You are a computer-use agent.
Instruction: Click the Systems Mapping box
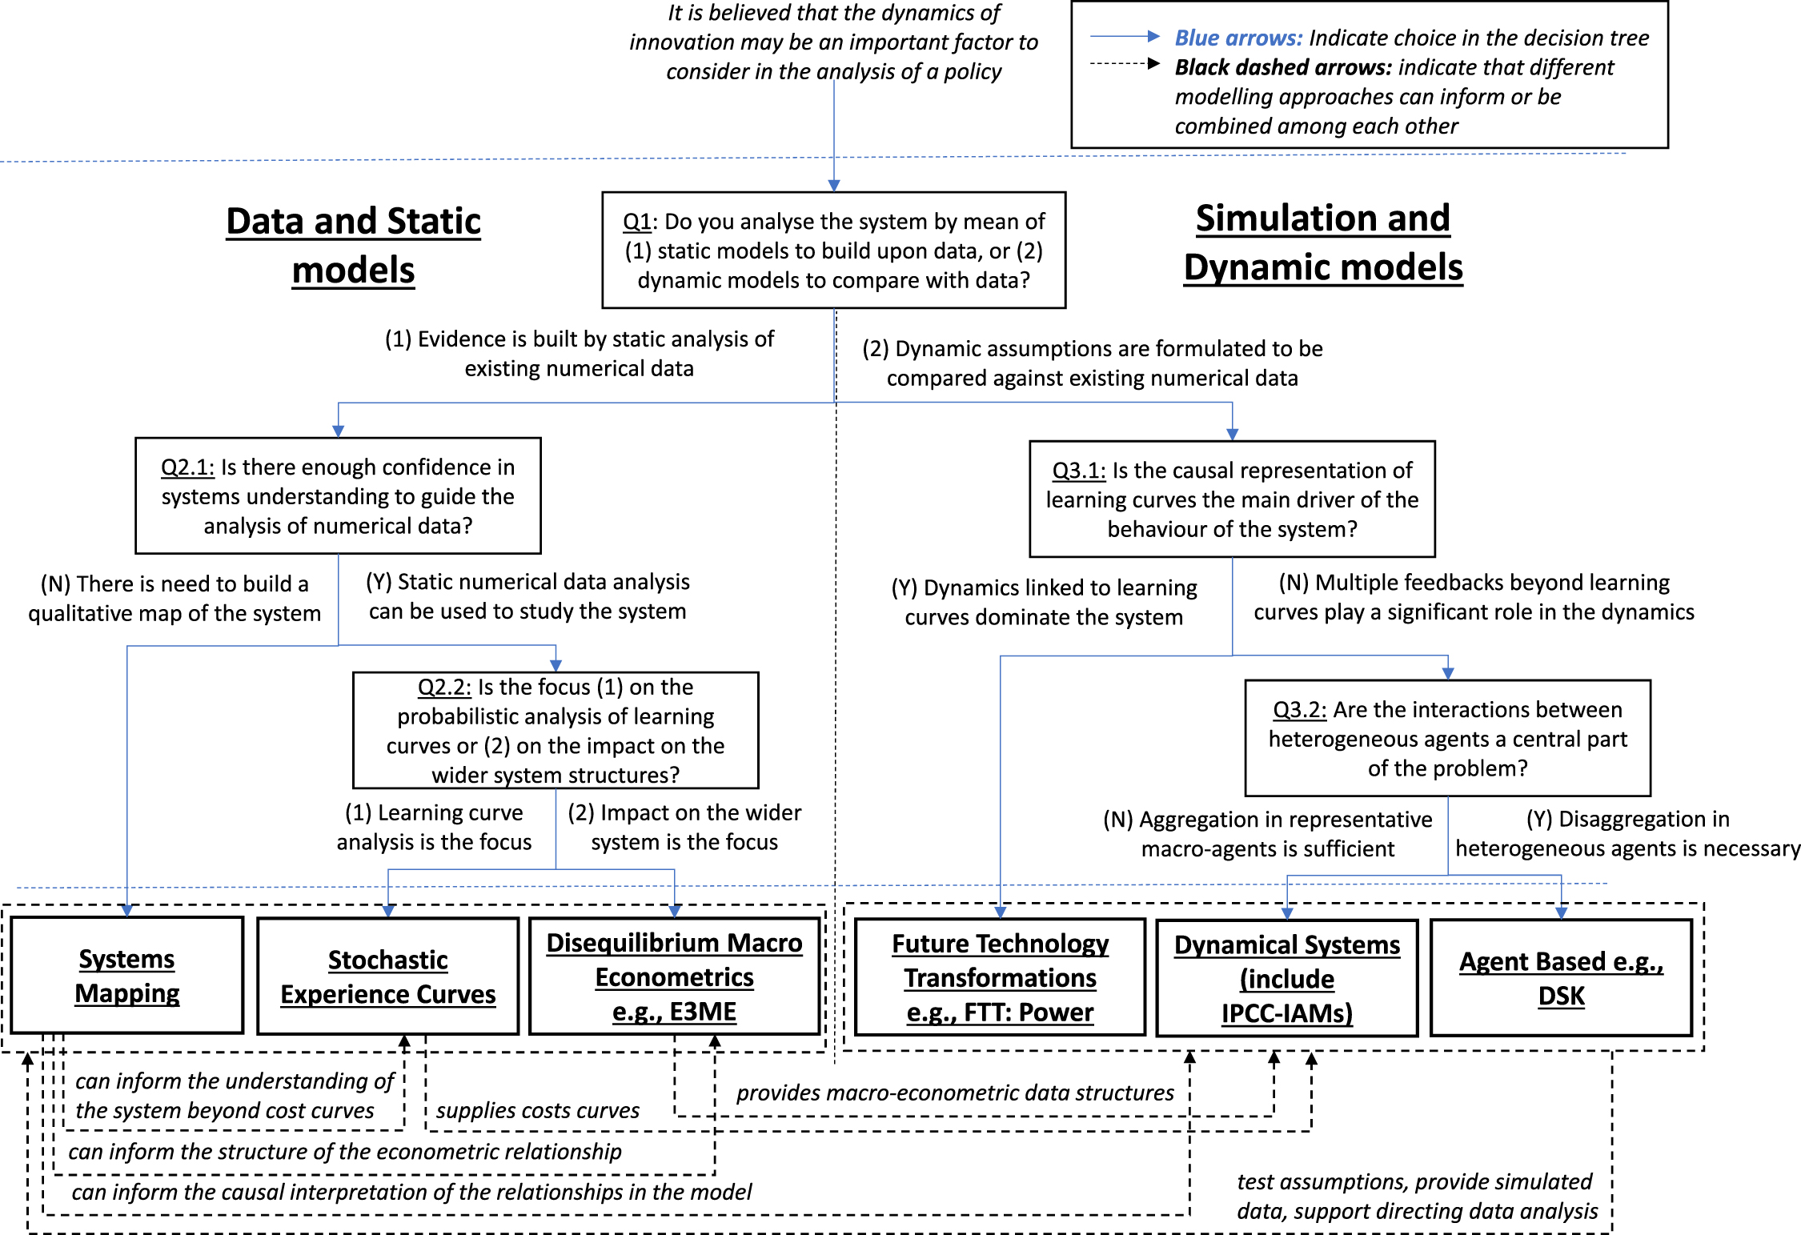tap(126, 976)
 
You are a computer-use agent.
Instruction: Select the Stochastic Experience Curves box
tap(387, 976)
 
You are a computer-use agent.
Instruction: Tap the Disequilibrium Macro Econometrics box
tap(674, 976)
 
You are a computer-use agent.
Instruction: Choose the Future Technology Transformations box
tap(1000, 977)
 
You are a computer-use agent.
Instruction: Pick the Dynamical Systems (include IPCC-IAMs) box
tap(1286, 978)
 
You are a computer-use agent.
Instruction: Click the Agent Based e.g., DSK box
tap(1561, 977)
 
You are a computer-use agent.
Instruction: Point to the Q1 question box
tap(833, 250)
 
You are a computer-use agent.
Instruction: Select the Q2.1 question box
tap(338, 495)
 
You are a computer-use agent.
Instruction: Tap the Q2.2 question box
tap(556, 730)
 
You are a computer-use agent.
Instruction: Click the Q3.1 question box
tap(1232, 499)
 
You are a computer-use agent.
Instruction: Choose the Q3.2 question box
tap(1447, 738)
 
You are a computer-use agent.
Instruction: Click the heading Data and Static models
tap(353, 245)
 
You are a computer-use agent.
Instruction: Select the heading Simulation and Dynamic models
tap(1322, 242)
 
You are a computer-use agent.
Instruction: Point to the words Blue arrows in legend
tap(1237, 38)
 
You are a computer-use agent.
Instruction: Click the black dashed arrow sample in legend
tap(1125, 64)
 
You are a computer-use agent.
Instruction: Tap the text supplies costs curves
tap(537, 1110)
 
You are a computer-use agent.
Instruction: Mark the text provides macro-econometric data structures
tap(954, 1093)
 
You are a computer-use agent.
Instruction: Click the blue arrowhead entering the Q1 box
tap(833, 185)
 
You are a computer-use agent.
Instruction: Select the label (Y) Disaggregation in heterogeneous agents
tap(1627, 833)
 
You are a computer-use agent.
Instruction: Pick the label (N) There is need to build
tap(174, 598)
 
